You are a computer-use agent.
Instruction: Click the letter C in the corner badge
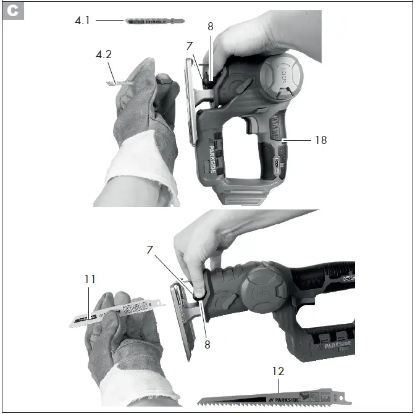pyautogui.click(x=13, y=12)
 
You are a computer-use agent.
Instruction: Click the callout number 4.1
pyautogui.click(x=83, y=20)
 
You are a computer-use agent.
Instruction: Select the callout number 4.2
pyautogui.click(x=103, y=54)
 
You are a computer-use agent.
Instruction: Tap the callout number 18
pyautogui.click(x=320, y=140)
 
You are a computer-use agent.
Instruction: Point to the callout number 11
pyautogui.click(x=90, y=279)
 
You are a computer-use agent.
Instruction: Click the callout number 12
pyautogui.click(x=278, y=372)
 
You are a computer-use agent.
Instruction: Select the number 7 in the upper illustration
pyautogui.click(x=190, y=46)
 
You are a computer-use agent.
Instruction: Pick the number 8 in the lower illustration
pyautogui.click(x=207, y=345)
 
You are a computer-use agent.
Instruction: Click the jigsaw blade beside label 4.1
pyautogui.click(x=154, y=22)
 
